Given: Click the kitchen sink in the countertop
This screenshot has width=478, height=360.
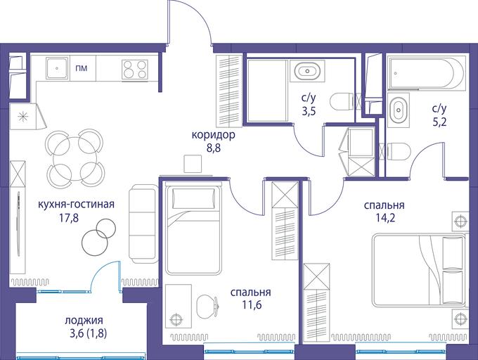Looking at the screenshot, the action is pyautogui.click(x=58, y=68).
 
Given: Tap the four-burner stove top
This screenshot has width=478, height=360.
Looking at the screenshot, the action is pyautogui.click(x=135, y=70).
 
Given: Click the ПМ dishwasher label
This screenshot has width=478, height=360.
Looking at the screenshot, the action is pyautogui.click(x=82, y=68).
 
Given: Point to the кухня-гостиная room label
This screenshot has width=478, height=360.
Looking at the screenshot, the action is pyautogui.click(x=76, y=204).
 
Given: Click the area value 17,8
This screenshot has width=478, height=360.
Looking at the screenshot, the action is pyautogui.click(x=69, y=218).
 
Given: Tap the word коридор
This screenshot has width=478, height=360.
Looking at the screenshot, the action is pyautogui.click(x=214, y=134).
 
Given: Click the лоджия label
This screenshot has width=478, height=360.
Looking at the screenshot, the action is pyautogui.click(x=84, y=321).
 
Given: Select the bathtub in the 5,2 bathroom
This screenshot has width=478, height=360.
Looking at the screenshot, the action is pyautogui.click(x=427, y=74).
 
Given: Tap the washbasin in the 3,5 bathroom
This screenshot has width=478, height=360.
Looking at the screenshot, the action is pyautogui.click(x=307, y=71).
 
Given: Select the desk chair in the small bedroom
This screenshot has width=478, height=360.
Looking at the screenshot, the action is pyautogui.click(x=208, y=307).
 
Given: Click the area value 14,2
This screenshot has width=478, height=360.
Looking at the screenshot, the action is pyautogui.click(x=384, y=218).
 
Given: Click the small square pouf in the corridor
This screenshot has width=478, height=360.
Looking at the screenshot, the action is pyautogui.click(x=193, y=164).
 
